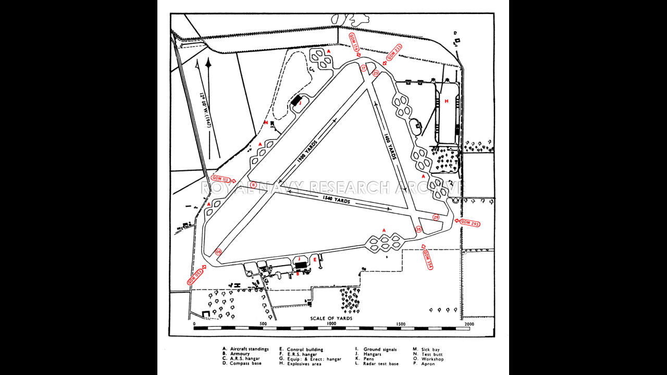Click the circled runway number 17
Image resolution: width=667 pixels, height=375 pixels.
[364, 68]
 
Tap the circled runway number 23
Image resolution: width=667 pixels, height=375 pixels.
[375, 73]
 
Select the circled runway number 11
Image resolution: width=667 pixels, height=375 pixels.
[253, 184]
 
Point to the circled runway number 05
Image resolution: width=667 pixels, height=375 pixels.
[218, 252]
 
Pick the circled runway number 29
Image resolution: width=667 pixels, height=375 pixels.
[436, 217]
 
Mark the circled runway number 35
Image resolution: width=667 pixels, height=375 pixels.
[418, 229]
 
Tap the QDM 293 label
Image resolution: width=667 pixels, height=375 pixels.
[468, 223]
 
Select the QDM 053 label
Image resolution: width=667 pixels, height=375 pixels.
[195, 277]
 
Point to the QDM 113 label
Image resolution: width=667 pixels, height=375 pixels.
[221, 179]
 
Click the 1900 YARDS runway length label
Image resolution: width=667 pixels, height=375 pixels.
[307, 152]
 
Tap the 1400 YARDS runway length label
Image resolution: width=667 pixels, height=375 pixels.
[390, 147]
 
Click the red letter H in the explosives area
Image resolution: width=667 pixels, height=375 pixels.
[446, 101]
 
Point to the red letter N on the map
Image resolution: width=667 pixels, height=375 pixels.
[266, 123]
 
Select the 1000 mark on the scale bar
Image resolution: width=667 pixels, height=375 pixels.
[331, 323]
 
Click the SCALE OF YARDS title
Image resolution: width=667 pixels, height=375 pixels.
[331, 318]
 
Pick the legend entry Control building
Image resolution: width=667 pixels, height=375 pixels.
[305, 349]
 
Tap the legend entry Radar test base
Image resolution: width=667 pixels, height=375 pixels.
[381, 364]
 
